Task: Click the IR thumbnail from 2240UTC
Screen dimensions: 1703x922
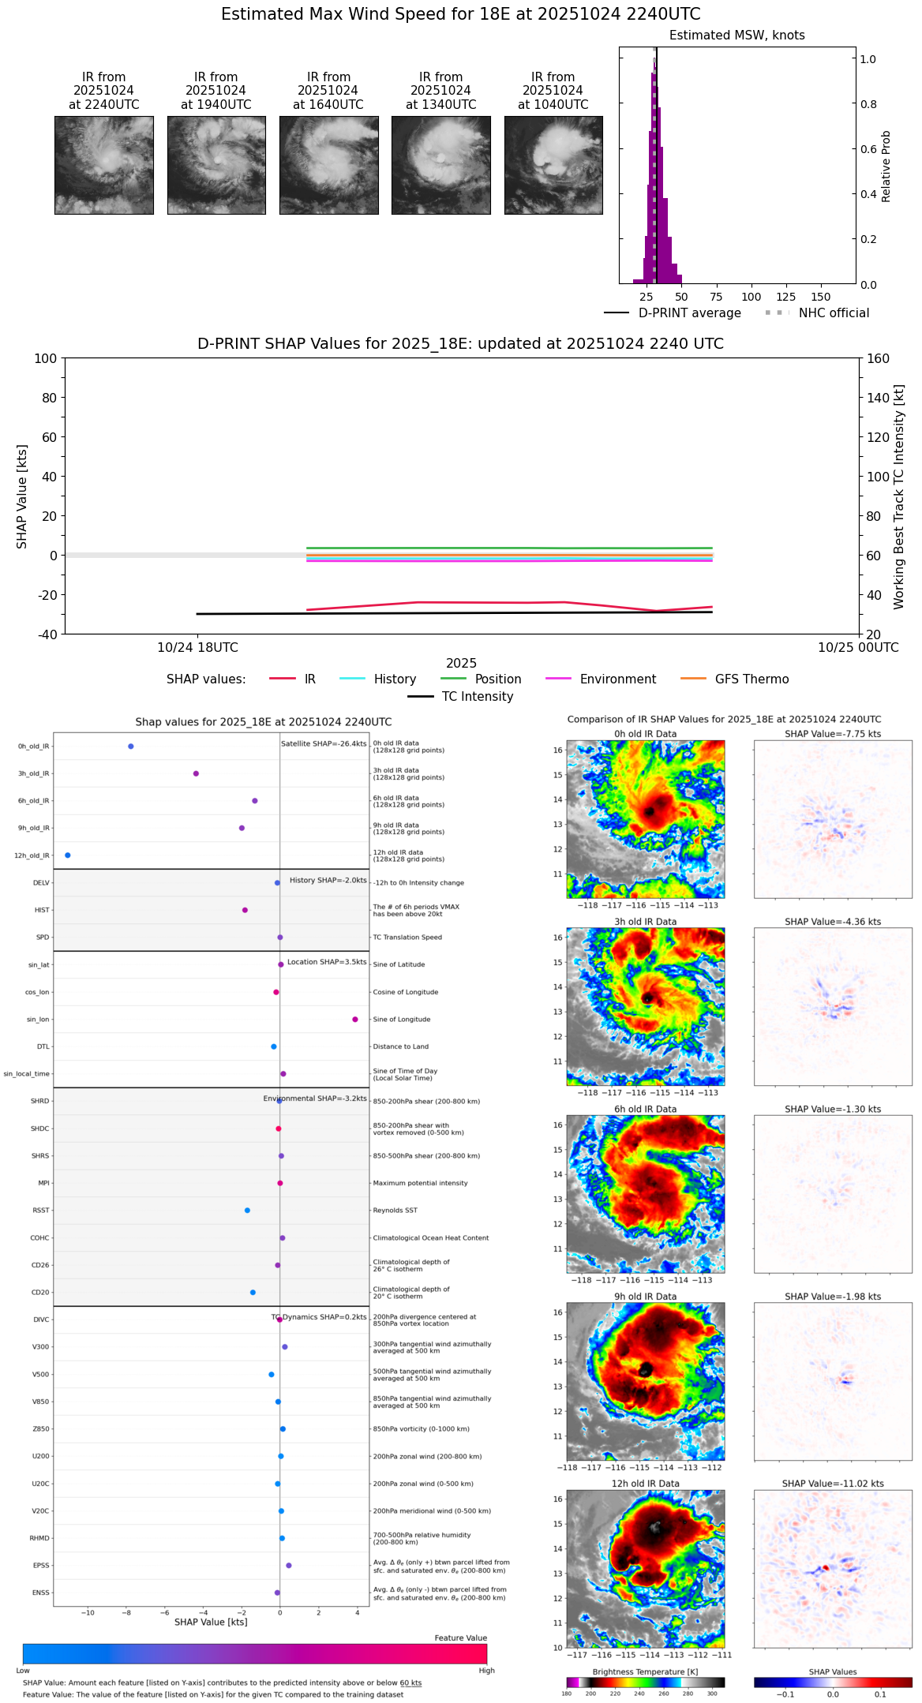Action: (103, 165)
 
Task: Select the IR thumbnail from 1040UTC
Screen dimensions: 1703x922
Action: (553, 165)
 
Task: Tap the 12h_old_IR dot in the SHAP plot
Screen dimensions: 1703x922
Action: (68, 855)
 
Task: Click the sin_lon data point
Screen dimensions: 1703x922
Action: (355, 1019)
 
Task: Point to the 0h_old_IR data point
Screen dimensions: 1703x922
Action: (131, 746)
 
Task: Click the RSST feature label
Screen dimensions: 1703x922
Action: (41, 1210)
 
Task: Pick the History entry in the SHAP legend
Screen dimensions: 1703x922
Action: (395, 679)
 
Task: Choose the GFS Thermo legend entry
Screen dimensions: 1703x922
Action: (751, 679)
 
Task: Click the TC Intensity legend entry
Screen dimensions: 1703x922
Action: (477, 696)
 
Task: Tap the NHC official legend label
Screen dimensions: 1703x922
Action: (834, 313)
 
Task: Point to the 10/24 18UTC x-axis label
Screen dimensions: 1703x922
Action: (197, 647)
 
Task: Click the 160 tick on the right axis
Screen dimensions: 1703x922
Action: (878, 358)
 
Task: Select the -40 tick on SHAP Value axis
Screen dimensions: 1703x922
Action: (46, 634)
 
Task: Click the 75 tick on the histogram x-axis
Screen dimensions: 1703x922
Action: (716, 297)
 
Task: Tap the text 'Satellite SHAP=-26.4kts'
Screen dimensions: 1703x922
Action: (324, 743)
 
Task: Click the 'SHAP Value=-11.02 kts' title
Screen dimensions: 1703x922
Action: (833, 1484)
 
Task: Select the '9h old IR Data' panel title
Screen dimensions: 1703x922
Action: (645, 1297)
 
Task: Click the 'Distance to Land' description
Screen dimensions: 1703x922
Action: (400, 1046)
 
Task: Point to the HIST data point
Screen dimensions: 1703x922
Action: (245, 910)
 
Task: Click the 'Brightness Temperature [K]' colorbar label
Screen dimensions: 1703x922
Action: (645, 1671)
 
